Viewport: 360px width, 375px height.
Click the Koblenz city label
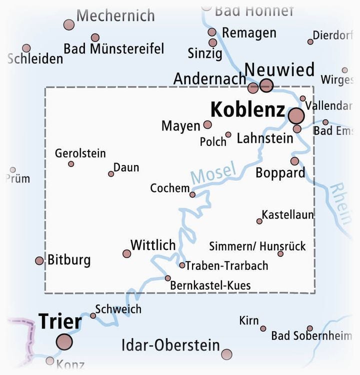click(247, 110)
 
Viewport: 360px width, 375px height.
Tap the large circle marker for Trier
click(64, 342)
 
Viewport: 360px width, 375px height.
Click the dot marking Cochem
click(192, 194)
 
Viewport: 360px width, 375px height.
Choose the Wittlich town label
click(153, 245)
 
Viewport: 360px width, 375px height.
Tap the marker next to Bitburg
click(39, 260)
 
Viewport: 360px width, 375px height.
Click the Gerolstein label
click(80, 153)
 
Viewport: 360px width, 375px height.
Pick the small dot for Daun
click(111, 174)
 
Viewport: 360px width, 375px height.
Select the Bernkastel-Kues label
click(210, 285)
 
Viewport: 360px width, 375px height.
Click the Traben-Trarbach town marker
click(182, 265)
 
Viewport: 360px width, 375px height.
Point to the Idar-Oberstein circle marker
click(226, 354)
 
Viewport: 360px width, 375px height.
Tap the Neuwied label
click(279, 69)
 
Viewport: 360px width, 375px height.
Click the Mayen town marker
click(207, 124)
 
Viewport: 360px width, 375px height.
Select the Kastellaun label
click(287, 214)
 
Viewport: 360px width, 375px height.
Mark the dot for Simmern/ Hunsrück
click(280, 254)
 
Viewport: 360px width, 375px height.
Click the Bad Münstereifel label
click(114, 49)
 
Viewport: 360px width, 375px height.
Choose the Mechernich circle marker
click(69, 24)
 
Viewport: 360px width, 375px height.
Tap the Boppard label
click(280, 173)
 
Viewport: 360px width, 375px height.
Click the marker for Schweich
click(93, 315)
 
